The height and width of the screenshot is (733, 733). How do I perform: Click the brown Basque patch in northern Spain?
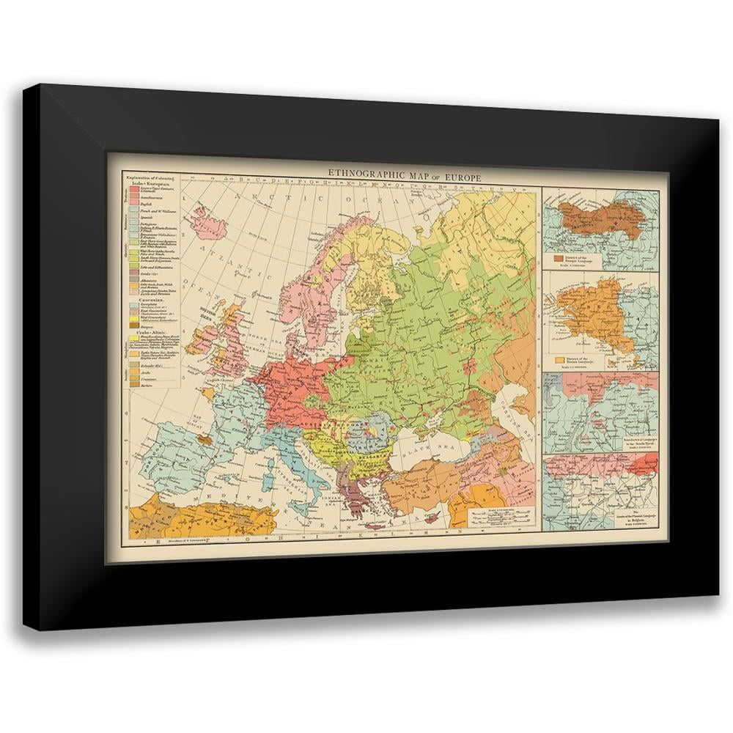[x=207, y=441]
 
